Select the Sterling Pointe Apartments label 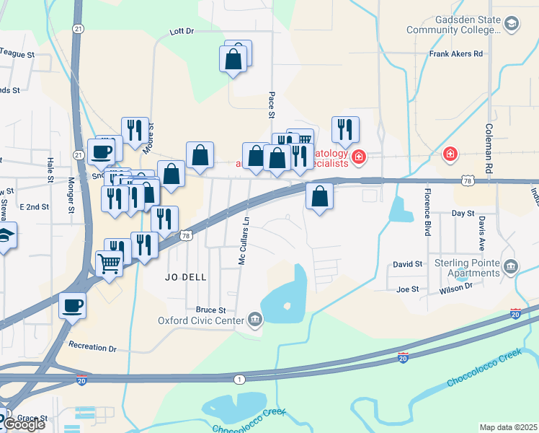[x=466, y=268]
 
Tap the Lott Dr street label [x=182, y=32]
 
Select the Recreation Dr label [x=92, y=349]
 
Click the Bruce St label [x=210, y=310]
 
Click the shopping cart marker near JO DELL [x=109, y=263]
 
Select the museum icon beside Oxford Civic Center [x=254, y=319]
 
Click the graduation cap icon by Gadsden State [x=511, y=24]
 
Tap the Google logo [x=23, y=424]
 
